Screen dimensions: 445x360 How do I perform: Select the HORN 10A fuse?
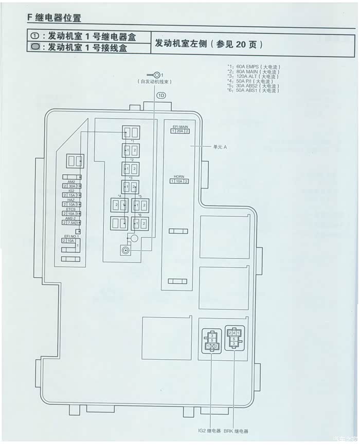(179, 181)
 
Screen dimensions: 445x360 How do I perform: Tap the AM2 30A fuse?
(71, 186)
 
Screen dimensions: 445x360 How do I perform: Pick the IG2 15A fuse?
(71, 195)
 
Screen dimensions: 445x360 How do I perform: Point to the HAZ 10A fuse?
(71, 205)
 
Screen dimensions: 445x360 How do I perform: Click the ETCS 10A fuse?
(71, 214)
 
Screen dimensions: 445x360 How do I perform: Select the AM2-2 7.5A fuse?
(71, 222)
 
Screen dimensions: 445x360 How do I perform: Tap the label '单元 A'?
(220, 146)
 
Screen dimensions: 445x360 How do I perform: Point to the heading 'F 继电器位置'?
(54, 17)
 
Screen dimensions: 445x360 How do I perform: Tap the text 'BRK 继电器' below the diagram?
(236, 431)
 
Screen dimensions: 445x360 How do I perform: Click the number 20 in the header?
(241, 44)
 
